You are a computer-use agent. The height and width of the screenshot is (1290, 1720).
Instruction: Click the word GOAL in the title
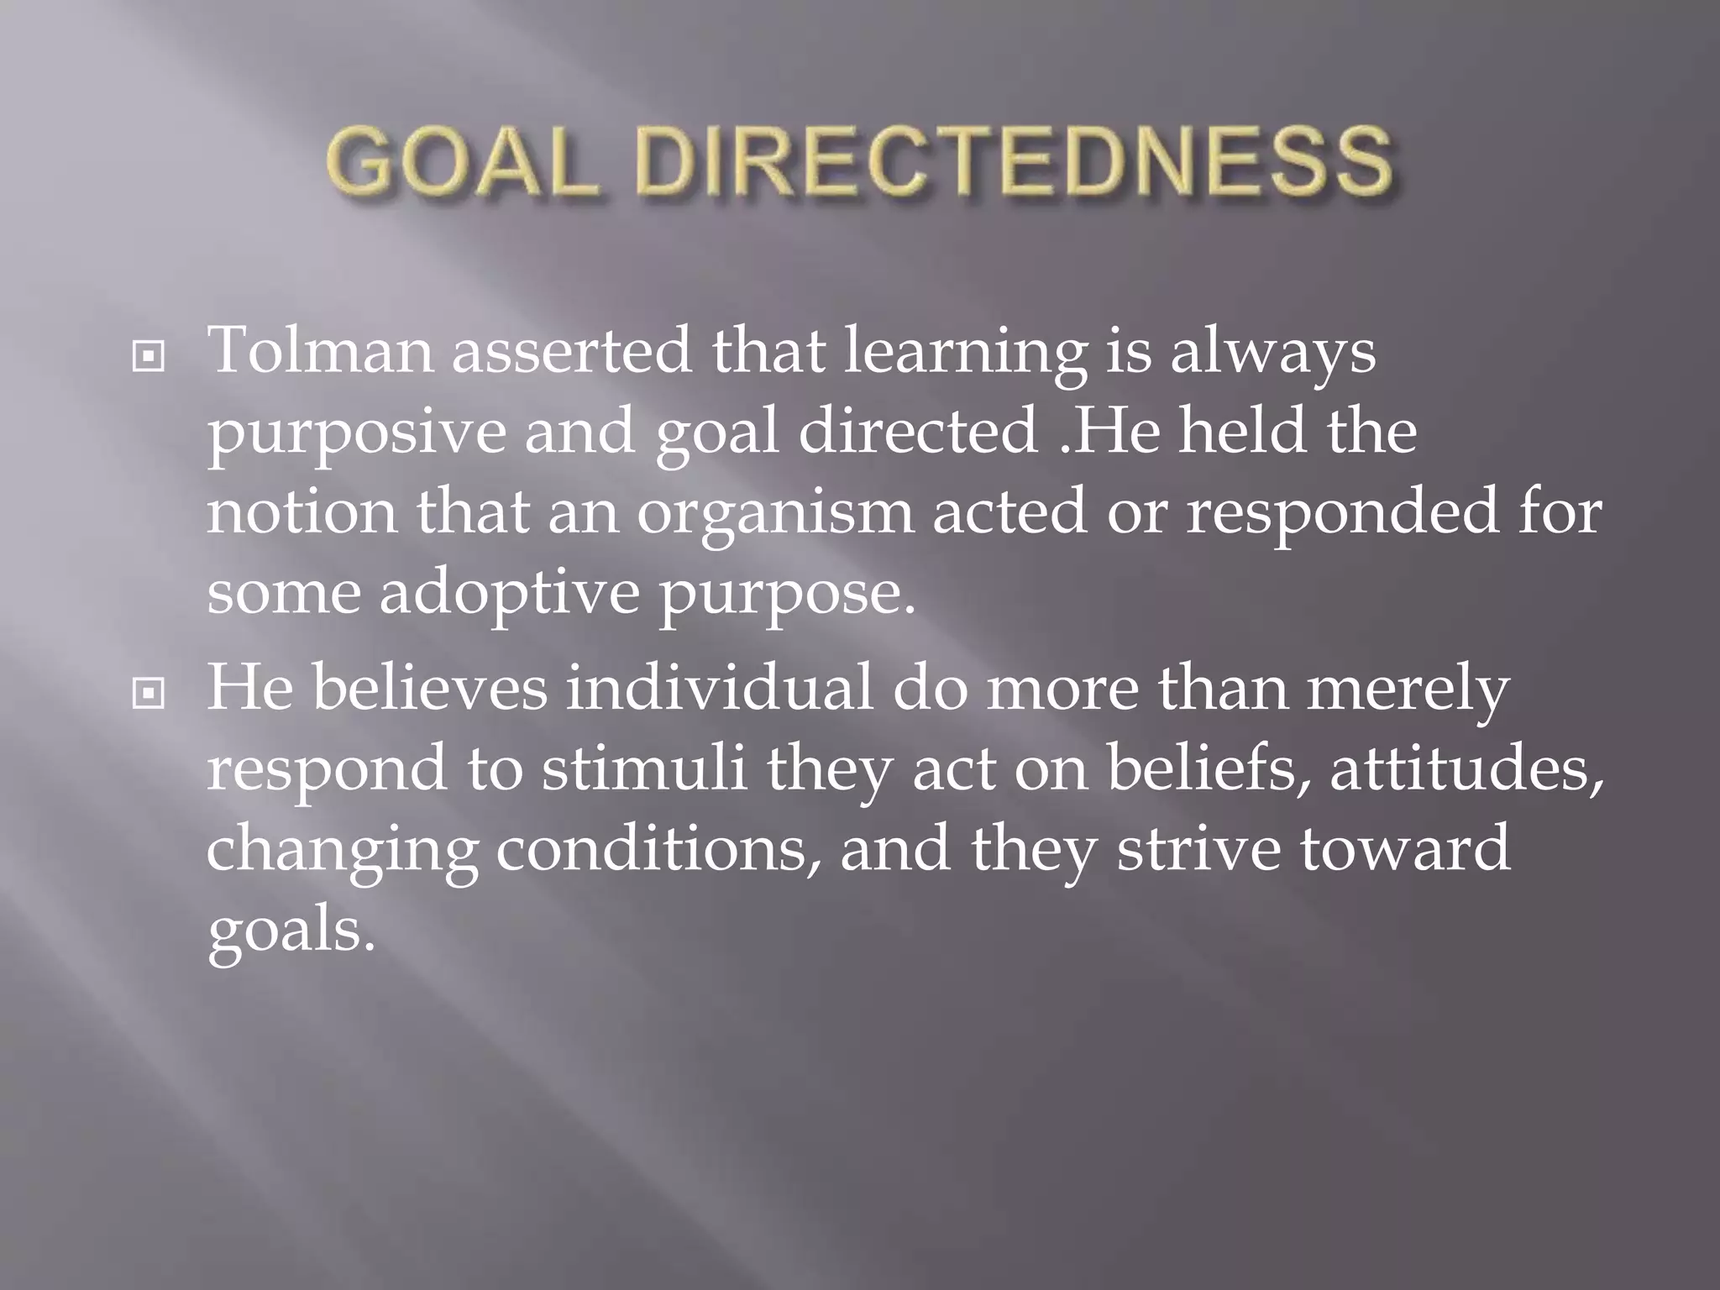459,163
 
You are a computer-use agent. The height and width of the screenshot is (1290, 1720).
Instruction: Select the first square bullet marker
149,359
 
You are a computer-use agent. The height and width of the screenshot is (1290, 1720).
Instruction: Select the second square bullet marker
149,694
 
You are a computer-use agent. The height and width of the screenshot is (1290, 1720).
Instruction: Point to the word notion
302,512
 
